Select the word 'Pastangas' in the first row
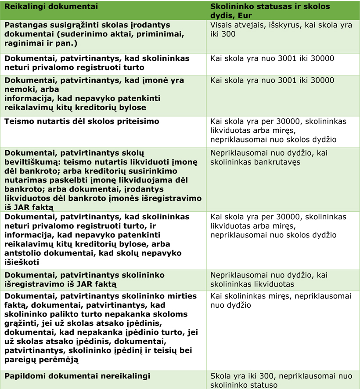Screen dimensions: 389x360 tap(23, 25)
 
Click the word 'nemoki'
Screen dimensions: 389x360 tap(18, 90)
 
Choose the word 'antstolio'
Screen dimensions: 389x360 tap(22, 253)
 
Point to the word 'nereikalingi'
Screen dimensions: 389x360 tap(126, 376)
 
